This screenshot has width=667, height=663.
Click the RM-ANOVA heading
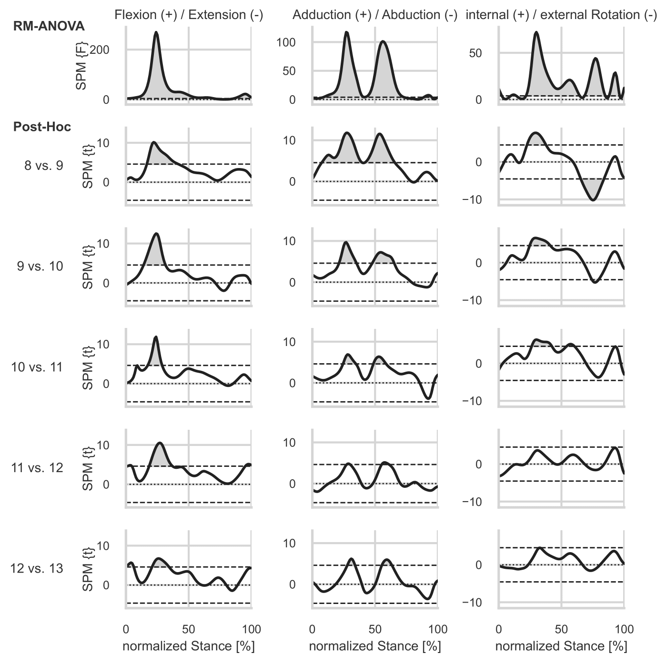point(49,26)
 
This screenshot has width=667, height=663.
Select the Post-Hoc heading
point(42,127)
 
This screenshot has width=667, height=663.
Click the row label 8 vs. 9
point(44,166)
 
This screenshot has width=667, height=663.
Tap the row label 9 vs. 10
point(40,266)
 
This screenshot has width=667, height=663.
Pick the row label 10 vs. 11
point(37,367)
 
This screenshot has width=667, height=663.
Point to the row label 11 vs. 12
point(37,468)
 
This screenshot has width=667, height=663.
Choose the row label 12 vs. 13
point(37,568)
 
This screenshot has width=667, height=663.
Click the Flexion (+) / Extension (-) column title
point(189,15)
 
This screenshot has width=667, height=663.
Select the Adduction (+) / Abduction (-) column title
point(375,15)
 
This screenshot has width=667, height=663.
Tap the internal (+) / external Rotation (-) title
point(561,15)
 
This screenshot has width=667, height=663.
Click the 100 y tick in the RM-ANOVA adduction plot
point(286,42)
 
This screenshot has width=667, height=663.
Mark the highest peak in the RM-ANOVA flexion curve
point(156,32)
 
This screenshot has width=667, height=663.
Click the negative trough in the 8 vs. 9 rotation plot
point(593,200)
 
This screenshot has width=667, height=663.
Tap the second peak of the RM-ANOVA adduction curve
point(383,41)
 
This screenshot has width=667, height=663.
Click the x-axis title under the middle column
point(375,646)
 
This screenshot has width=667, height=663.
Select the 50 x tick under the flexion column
point(189,629)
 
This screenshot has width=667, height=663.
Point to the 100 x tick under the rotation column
point(624,629)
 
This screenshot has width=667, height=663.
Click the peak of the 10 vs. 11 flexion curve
point(156,337)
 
